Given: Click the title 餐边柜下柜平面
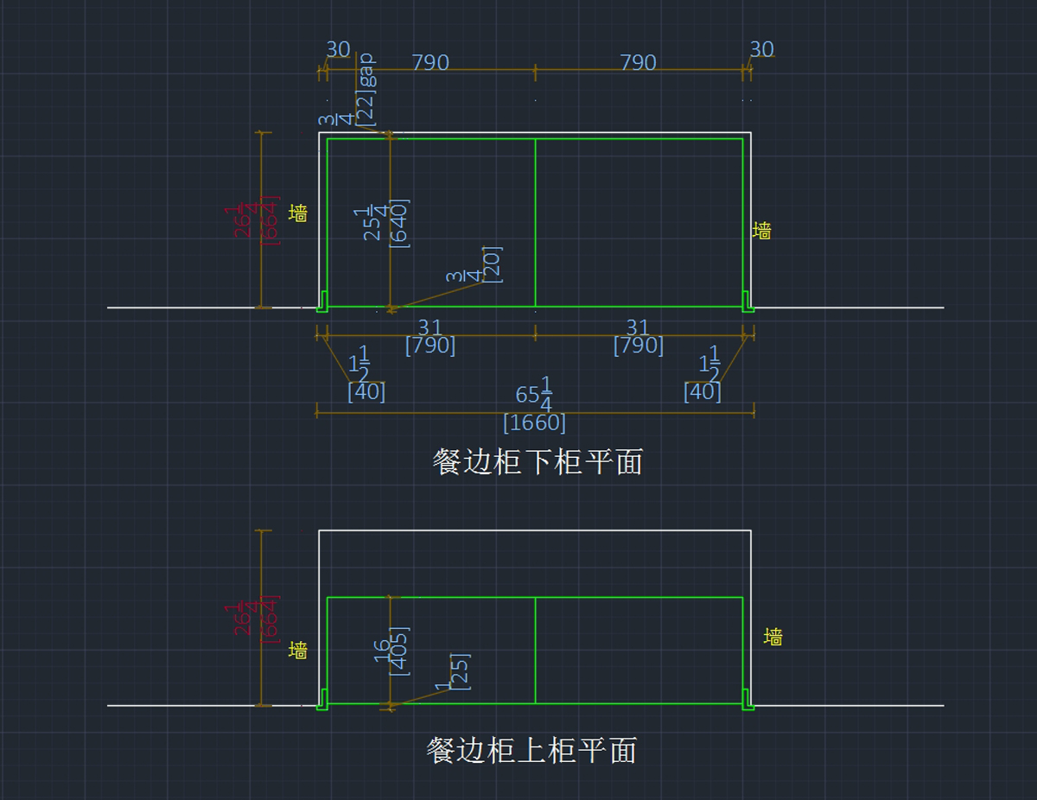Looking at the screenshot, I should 538,462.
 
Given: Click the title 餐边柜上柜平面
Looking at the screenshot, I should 531,750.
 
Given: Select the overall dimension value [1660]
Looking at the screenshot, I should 534,423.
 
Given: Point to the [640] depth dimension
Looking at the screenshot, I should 400,223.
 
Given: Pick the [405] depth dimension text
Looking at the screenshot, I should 400,651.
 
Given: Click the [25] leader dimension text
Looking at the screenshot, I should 461,670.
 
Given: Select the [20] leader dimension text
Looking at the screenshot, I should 493,263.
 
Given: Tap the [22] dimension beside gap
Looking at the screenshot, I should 366,106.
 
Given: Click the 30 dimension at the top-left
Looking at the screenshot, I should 338,50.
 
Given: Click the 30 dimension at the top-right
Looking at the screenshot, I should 761,50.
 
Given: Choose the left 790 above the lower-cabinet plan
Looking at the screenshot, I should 429,63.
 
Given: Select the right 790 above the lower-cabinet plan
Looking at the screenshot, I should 638,63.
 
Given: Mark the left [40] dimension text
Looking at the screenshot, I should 366,391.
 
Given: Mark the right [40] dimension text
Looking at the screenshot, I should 702,391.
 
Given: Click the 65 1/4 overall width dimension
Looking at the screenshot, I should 535,395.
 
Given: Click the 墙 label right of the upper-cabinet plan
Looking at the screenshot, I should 773,637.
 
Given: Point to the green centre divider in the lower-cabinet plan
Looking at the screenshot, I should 536,223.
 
